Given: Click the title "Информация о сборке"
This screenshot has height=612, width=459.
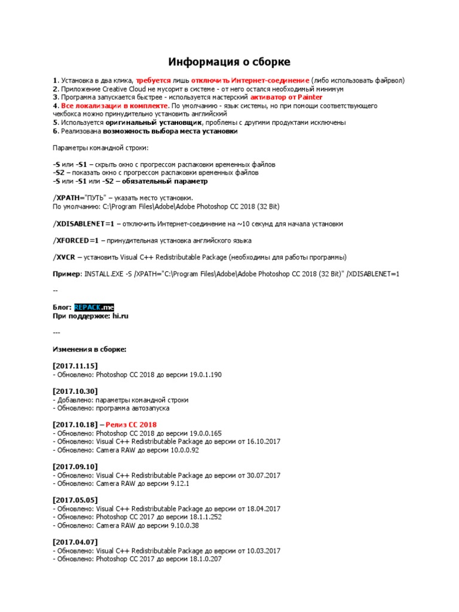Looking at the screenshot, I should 229,62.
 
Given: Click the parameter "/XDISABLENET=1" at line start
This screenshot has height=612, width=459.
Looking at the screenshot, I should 83,224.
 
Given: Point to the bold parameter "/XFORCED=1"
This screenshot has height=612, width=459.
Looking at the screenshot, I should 75,240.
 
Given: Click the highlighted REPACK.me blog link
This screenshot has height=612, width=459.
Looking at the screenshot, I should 93,307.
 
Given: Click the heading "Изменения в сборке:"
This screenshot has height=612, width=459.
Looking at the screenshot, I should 90,349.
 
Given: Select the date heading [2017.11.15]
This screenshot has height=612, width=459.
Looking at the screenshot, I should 75,366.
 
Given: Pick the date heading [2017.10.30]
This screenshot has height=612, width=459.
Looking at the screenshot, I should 75,391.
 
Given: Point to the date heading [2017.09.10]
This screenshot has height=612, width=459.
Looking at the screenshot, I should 75,466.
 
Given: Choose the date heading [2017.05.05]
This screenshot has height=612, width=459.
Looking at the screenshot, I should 75,500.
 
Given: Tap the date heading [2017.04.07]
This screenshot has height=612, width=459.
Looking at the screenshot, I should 75,542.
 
